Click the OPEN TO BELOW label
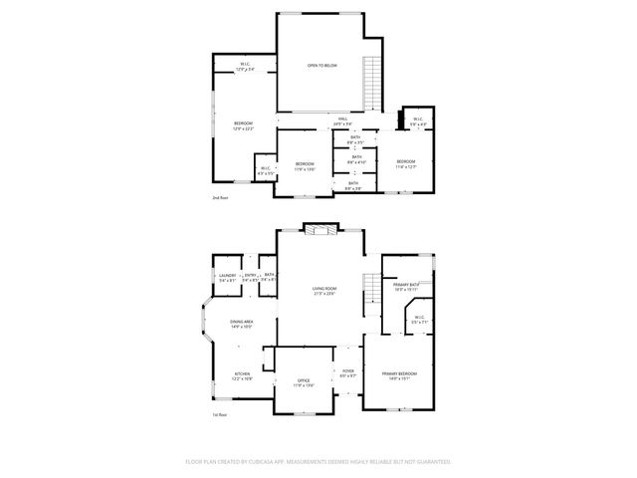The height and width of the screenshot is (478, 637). (x=321, y=65)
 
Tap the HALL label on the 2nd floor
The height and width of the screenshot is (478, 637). (x=341, y=119)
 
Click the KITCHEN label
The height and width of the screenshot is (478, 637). (x=242, y=375)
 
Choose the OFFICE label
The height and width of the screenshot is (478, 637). (x=304, y=380)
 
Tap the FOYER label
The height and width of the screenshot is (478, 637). (x=347, y=371)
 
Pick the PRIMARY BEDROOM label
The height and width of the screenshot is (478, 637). (x=399, y=373)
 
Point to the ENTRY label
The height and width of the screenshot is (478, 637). (x=250, y=276)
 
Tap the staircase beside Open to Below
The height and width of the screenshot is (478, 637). (x=373, y=86)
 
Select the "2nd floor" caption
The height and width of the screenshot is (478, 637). (x=219, y=198)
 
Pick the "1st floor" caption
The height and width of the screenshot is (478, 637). (x=219, y=414)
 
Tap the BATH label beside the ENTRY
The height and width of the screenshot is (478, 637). (x=269, y=276)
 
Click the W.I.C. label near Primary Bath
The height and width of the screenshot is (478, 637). (x=419, y=320)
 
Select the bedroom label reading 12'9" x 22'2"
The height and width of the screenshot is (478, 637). (x=243, y=124)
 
